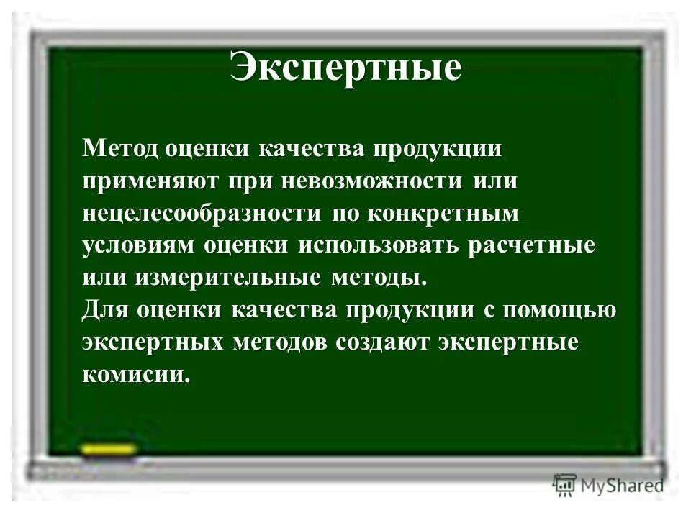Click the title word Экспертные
[345, 69]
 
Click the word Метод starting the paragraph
[119, 148]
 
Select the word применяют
[150, 181]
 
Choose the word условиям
[138, 245]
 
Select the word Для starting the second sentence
[106, 310]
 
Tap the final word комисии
[137, 375]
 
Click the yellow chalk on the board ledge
[108, 450]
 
